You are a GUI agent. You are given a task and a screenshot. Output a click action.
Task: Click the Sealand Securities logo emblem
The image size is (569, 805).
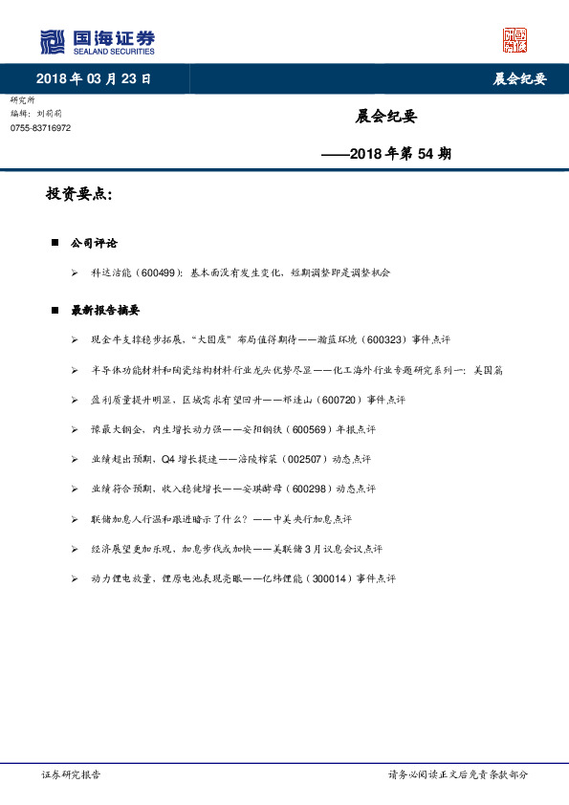pyautogui.click(x=53, y=42)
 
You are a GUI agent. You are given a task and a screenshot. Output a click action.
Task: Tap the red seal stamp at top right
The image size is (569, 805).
pyautogui.click(x=514, y=40)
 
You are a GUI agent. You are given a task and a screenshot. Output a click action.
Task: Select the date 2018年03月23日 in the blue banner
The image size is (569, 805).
pyautogui.click(x=94, y=78)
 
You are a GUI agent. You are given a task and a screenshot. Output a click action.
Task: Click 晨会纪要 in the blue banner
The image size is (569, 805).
pyautogui.click(x=519, y=79)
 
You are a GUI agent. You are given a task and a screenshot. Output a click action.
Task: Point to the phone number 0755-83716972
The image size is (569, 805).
pyautogui.click(x=40, y=128)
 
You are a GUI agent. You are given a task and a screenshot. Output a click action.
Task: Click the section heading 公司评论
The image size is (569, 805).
pyautogui.click(x=94, y=244)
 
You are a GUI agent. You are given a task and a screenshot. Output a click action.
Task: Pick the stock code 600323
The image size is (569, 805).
pyautogui.click(x=383, y=339)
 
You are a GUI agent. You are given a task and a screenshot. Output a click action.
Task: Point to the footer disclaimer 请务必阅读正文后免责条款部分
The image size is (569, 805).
pyautogui.click(x=457, y=775)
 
